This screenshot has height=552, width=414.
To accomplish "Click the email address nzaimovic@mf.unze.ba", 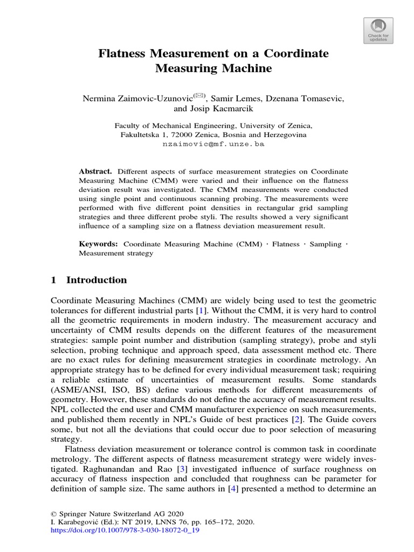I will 214,144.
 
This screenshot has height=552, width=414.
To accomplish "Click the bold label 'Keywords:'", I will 99,244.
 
